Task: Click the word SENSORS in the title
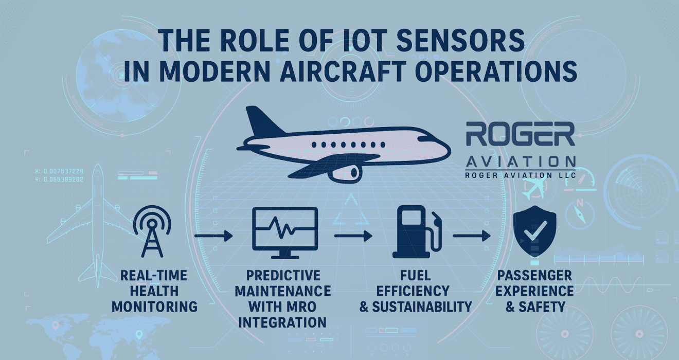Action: [x=460, y=40]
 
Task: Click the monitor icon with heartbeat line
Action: [x=285, y=233]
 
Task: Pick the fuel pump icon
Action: [x=417, y=232]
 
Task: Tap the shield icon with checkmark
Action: [x=535, y=231]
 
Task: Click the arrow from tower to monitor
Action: [x=213, y=236]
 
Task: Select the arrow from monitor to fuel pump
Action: [x=353, y=236]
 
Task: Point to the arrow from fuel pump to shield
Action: [x=472, y=236]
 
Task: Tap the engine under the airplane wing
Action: [x=346, y=173]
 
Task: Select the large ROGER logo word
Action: [x=520, y=134]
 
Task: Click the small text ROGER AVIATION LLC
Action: [x=521, y=175]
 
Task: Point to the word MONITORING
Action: [x=155, y=307]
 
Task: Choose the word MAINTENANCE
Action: [x=283, y=291]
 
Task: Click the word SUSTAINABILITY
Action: [x=422, y=307]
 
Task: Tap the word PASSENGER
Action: [x=534, y=276]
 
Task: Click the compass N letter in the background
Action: [x=580, y=203]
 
